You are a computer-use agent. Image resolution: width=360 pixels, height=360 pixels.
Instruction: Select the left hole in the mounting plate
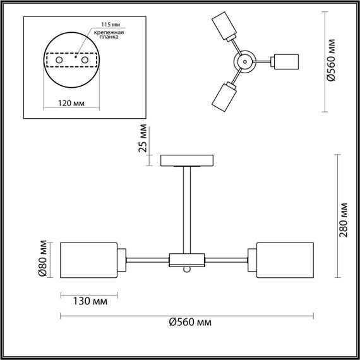59,59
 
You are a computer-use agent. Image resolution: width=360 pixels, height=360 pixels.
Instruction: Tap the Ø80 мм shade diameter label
43,260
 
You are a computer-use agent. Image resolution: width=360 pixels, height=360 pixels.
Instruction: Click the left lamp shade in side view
89,259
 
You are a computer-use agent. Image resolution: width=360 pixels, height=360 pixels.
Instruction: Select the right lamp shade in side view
284,259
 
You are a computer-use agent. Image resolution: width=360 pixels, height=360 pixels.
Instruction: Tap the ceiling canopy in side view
188,160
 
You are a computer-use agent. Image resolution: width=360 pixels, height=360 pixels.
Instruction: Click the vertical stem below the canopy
188,208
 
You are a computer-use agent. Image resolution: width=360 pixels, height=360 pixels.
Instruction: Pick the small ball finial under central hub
187,270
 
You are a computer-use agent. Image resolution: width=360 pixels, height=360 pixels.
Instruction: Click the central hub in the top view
243,61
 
